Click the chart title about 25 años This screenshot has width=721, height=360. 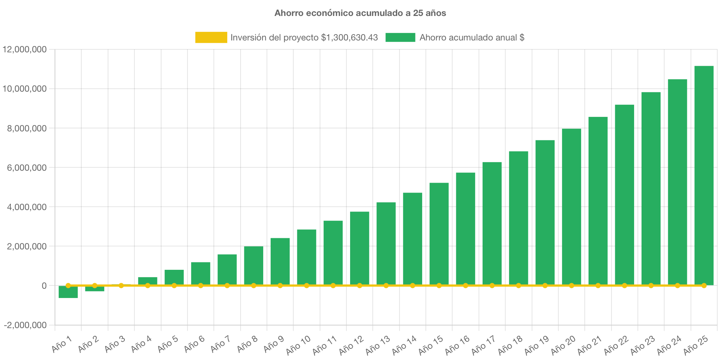pos(360,13)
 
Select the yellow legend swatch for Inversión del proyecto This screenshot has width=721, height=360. pos(211,37)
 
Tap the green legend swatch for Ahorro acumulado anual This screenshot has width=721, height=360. pos(400,37)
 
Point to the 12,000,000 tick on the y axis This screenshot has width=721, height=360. pos(25,49)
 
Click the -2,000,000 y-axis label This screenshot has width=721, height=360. pos(25,325)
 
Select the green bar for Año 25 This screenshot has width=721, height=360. pos(704,174)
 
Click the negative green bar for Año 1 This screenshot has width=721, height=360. pos(68,292)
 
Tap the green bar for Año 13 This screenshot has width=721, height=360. pos(386,243)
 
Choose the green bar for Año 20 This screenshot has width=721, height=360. pos(571,206)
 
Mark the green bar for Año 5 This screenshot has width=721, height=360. pos(174,277)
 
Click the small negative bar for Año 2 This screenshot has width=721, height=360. pos(95,289)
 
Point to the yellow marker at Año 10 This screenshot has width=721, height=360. pos(307,285)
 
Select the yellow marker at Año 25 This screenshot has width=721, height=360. pos(704,285)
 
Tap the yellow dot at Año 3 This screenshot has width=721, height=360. pos(121,285)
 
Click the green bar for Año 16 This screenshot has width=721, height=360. pos(466,228)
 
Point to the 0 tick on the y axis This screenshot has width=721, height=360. pos(44,286)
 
